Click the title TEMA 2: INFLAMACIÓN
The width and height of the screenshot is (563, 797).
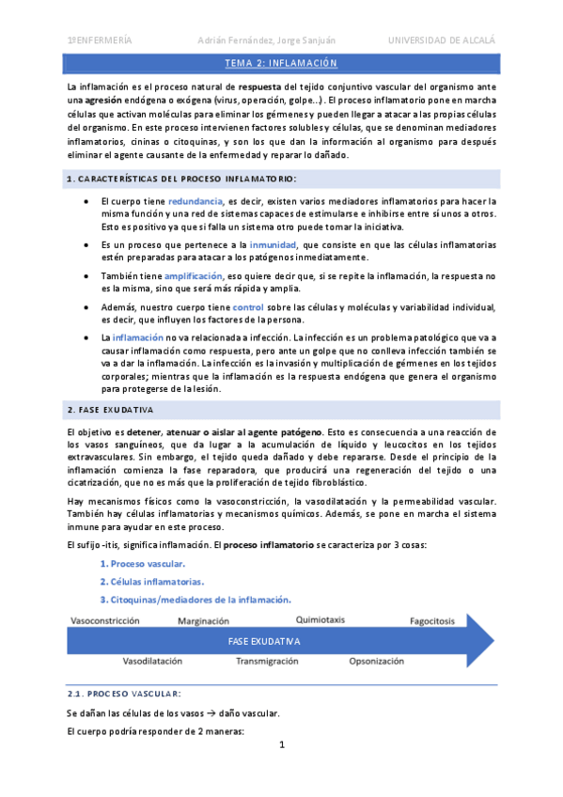tap(281, 63)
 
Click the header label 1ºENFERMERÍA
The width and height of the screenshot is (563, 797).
tap(100, 39)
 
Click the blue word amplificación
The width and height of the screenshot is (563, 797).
tap(195, 275)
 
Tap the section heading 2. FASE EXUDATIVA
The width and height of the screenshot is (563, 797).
tap(111, 411)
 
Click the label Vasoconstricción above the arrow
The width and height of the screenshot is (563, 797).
tap(106, 621)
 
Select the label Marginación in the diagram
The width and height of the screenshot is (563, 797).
tap(203, 621)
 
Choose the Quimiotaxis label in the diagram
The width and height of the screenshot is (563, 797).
tap(321, 620)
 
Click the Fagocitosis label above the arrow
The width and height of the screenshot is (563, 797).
tap(431, 621)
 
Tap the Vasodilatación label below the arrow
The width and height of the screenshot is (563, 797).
tap(152, 661)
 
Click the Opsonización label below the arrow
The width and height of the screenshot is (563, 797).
tap(377, 661)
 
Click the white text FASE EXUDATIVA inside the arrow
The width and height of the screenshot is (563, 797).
tap(264, 641)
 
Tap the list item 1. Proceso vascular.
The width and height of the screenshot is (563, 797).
tap(142, 564)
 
